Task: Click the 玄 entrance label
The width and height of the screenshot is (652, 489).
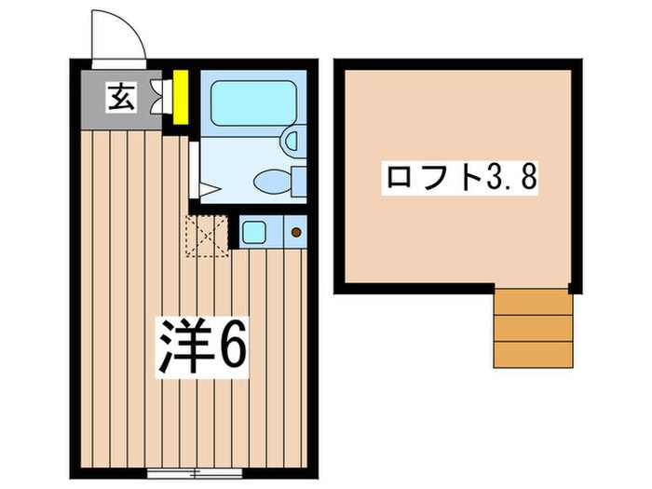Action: (x=121, y=96)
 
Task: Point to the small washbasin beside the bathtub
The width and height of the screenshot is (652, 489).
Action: (x=291, y=140)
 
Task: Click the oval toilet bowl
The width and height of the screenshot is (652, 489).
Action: (x=272, y=180)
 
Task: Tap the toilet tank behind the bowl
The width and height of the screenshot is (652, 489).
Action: (x=298, y=180)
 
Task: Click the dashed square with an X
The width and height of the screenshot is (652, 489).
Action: (x=206, y=234)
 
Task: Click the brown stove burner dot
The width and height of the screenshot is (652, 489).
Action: (x=296, y=231)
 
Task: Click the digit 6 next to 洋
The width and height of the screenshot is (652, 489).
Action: (x=232, y=347)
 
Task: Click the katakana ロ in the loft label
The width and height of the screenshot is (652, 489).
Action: (x=396, y=176)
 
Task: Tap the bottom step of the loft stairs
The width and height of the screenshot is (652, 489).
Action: (x=532, y=354)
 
